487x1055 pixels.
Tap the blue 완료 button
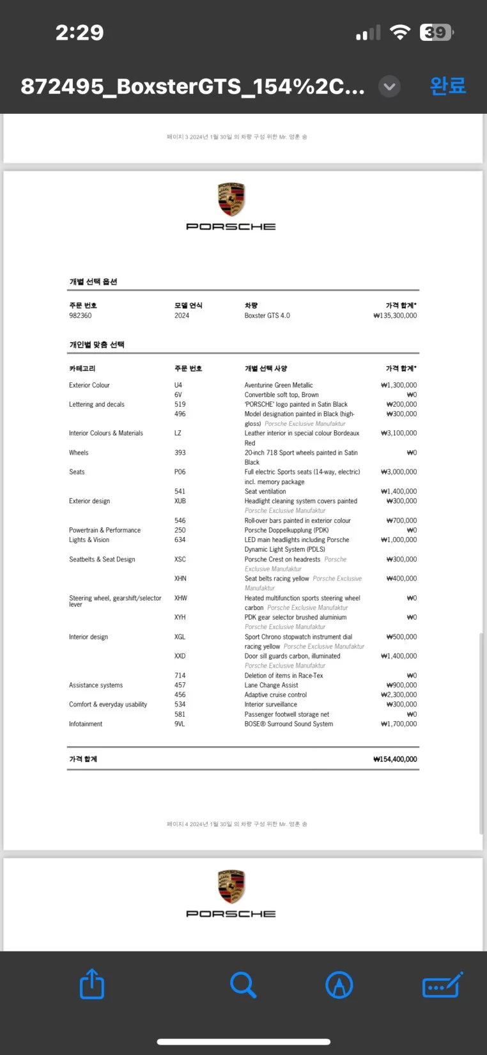[x=448, y=86]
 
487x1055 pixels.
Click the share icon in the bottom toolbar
[x=92, y=984]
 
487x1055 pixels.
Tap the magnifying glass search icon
[x=243, y=985]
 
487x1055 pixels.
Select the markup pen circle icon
[x=339, y=985]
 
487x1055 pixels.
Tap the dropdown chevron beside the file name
[x=389, y=86]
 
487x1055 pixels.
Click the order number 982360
[x=81, y=315]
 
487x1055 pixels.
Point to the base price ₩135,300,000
[x=395, y=315]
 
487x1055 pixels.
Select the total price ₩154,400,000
[x=395, y=759]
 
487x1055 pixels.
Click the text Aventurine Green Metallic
[x=279, y=385]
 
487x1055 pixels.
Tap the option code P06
[x=180, y=472]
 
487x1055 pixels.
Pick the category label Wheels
[x=79, y=453]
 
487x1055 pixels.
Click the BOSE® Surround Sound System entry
[x=288, y=724]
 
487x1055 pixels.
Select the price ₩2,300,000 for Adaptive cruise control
[x=399, y=694]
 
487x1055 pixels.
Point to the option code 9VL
[x=180, y=724]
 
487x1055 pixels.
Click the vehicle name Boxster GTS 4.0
[x=267, y=315]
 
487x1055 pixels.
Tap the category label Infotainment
[x=86, y=724]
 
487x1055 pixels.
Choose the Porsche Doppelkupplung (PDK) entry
[x=286, y=530]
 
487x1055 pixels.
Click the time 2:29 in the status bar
[x=79, y=33]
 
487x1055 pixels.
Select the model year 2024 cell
[x=182, y=315]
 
